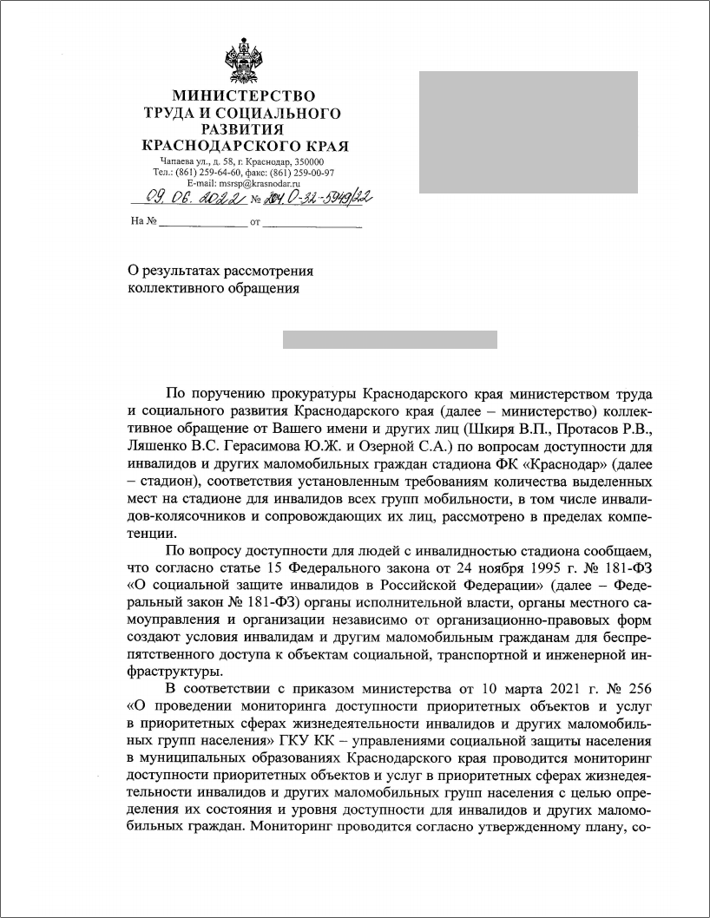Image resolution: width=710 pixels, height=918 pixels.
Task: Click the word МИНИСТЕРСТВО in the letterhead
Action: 242,96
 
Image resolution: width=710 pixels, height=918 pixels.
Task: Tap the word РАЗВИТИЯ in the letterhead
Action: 242,128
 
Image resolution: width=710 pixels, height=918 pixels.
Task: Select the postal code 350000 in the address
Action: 308,162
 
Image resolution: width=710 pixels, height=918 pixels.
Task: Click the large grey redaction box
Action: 529,132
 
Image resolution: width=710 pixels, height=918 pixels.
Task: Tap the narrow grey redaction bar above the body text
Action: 390,339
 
